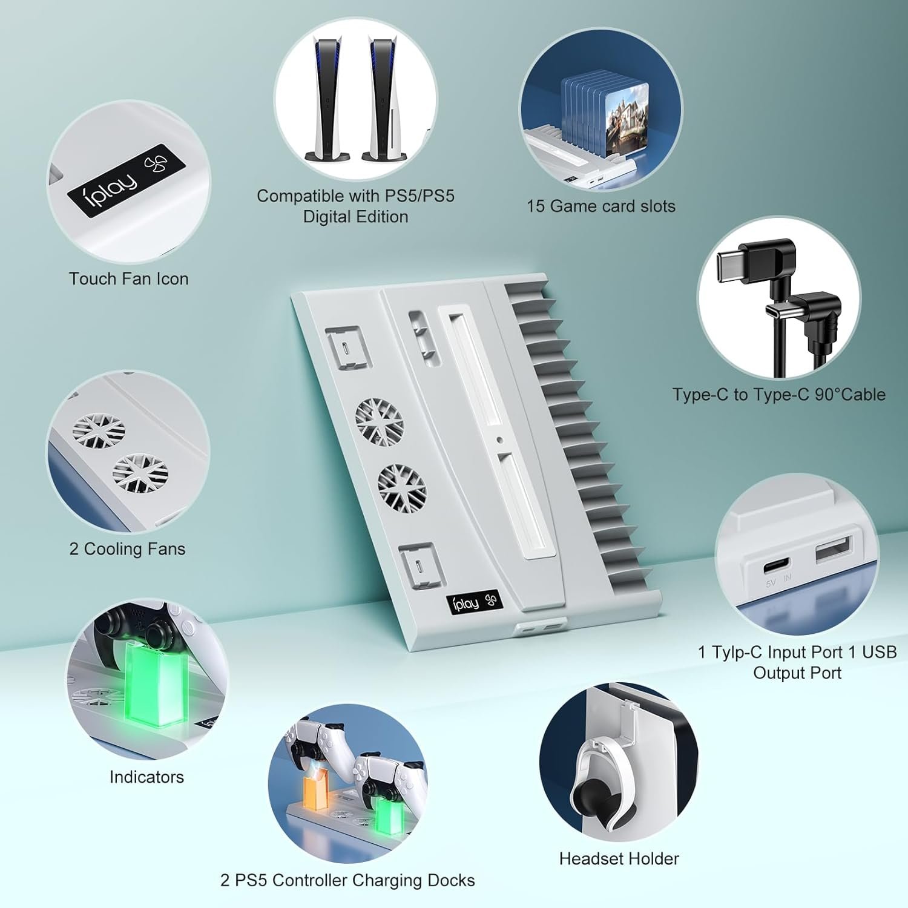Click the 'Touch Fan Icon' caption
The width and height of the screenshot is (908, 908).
(x=129, y=279)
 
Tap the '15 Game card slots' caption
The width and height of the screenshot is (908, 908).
(x=600, y=206)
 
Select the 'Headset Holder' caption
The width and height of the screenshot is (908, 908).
(x=619, y=858)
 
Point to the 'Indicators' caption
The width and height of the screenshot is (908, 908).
(x=146, y=777)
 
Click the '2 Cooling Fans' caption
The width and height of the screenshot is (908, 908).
(x=127, y=549)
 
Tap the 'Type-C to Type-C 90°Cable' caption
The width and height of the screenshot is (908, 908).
(x=778, y=395)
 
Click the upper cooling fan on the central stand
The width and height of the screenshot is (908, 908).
(x=379, y=421)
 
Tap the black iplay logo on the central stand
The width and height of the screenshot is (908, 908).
(x=474, y=602)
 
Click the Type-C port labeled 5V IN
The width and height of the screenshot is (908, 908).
(x=776, y=567)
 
